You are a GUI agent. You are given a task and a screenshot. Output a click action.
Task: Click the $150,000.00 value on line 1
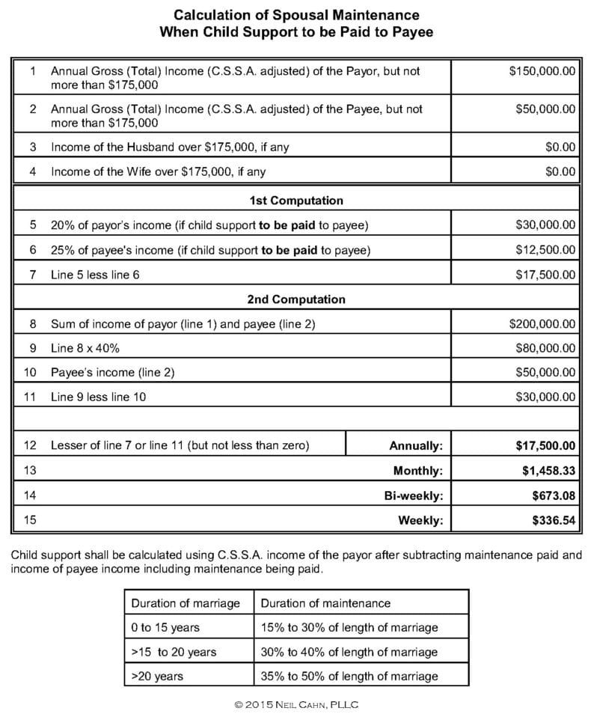(542, 71)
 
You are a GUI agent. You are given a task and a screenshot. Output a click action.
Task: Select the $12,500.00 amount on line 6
(545, 249)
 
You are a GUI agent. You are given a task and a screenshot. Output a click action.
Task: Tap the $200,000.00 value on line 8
(542, 324)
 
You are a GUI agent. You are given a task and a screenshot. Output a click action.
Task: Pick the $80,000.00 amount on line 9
(545, 348)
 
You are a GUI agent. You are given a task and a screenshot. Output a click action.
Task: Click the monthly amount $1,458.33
(548, 471)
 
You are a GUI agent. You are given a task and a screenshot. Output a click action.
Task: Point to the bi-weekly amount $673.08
(553, 495)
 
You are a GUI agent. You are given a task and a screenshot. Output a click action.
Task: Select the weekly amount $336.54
(553, 520)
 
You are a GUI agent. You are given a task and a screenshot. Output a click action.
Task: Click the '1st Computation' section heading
(296, 201)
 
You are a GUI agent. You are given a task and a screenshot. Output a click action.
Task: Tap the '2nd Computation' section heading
(296, 299)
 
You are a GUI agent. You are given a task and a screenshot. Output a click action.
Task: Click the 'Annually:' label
(416, 446)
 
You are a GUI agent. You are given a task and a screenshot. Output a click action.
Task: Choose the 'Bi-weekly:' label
(414, 495)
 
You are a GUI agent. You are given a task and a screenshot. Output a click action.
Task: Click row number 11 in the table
(30, 397)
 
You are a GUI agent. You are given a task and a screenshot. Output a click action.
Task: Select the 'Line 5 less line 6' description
(95, 275)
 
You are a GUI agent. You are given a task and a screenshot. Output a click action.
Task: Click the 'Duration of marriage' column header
(186, 603)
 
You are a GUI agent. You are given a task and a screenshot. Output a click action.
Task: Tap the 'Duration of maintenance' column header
(325, 603)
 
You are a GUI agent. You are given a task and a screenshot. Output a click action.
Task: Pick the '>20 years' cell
(157, 676)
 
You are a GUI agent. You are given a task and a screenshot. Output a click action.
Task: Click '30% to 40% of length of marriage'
(349, 652)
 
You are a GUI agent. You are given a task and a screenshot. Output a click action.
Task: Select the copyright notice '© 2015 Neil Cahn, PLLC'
(297, 705)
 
